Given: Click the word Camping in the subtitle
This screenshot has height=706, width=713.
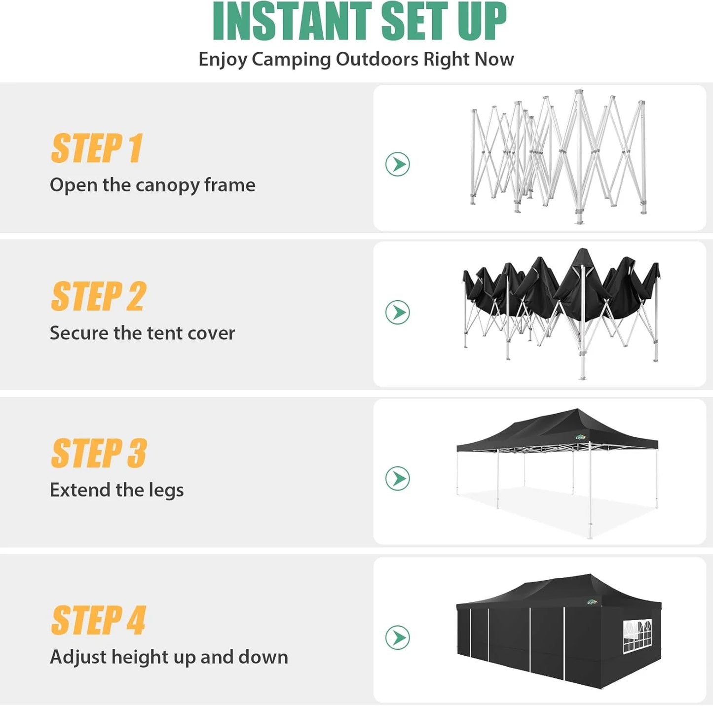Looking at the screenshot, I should tap(291, 59).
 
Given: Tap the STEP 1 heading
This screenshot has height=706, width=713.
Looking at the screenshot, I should tap(97, 148).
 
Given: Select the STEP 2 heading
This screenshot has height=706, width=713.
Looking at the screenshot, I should tap(98, 296).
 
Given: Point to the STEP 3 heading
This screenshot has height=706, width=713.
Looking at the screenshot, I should tap(99, 453).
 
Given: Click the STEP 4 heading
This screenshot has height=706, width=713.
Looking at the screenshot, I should tap(98, 620).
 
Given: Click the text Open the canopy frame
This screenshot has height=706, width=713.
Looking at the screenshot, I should tap(152, 185).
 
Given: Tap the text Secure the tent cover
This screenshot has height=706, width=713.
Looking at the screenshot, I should tap(142, 333).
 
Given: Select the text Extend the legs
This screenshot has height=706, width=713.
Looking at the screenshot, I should tap(116, 490).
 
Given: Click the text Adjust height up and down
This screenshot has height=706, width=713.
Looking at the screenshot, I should tap(169, 657).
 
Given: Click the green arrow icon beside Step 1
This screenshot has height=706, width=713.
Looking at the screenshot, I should tap(398, 164).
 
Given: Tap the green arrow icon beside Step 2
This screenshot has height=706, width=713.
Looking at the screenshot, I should tap(398, 312).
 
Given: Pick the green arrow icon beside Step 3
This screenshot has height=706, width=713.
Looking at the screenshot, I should tap(398, 478).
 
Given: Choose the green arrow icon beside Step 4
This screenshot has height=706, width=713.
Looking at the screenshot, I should tap(398, 637).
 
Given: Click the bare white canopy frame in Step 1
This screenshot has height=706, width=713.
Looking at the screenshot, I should tap(558, 158).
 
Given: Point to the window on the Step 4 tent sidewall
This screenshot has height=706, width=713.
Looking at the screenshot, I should tap(638, 636).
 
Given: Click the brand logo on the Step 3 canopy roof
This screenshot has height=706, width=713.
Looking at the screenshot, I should tap(581, 436).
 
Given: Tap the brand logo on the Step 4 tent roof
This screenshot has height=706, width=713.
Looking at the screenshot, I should tap(592, 602).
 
